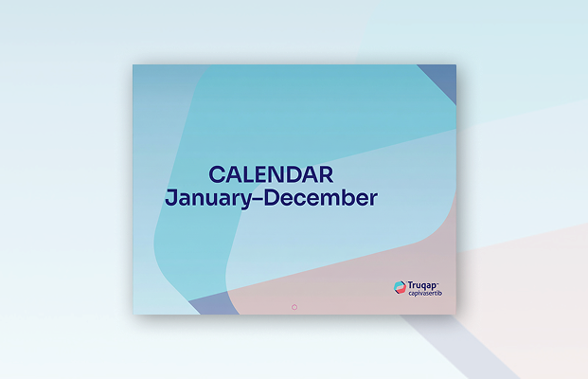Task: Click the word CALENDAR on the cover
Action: click(271, 175)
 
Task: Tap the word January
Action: click(208, 199)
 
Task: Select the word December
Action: click(321, 198)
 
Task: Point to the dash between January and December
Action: click(258, 199)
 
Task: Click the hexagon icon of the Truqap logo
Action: click(401, 287)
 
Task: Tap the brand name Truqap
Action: click(422, 285)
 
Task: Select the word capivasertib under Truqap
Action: click(425, 294)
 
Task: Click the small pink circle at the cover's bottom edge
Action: click(294, 307)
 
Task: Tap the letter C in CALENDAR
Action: click(217, 175)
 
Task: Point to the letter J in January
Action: click(170, 198)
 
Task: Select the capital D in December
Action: click(273, 198)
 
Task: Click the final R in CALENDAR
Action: click(326, 175)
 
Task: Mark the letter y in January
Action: click(243, 201)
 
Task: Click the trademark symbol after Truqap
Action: click(437, 282)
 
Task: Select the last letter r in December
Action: click(373, 200)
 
